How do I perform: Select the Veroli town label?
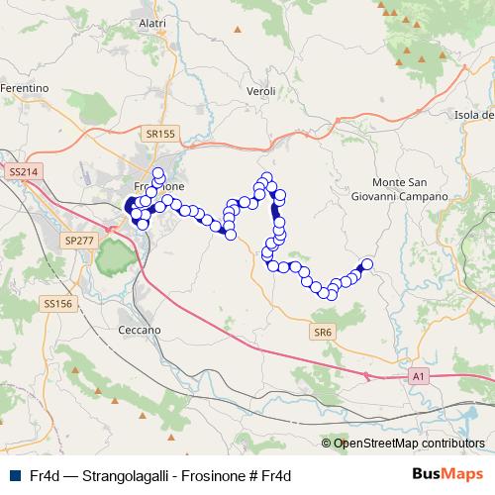260,90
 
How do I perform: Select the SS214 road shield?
22,171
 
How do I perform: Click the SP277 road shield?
77,241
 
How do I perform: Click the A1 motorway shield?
419,376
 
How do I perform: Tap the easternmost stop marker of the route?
366,264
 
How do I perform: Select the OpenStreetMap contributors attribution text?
409,444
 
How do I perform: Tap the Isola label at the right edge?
473,116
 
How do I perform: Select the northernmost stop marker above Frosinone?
158,172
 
